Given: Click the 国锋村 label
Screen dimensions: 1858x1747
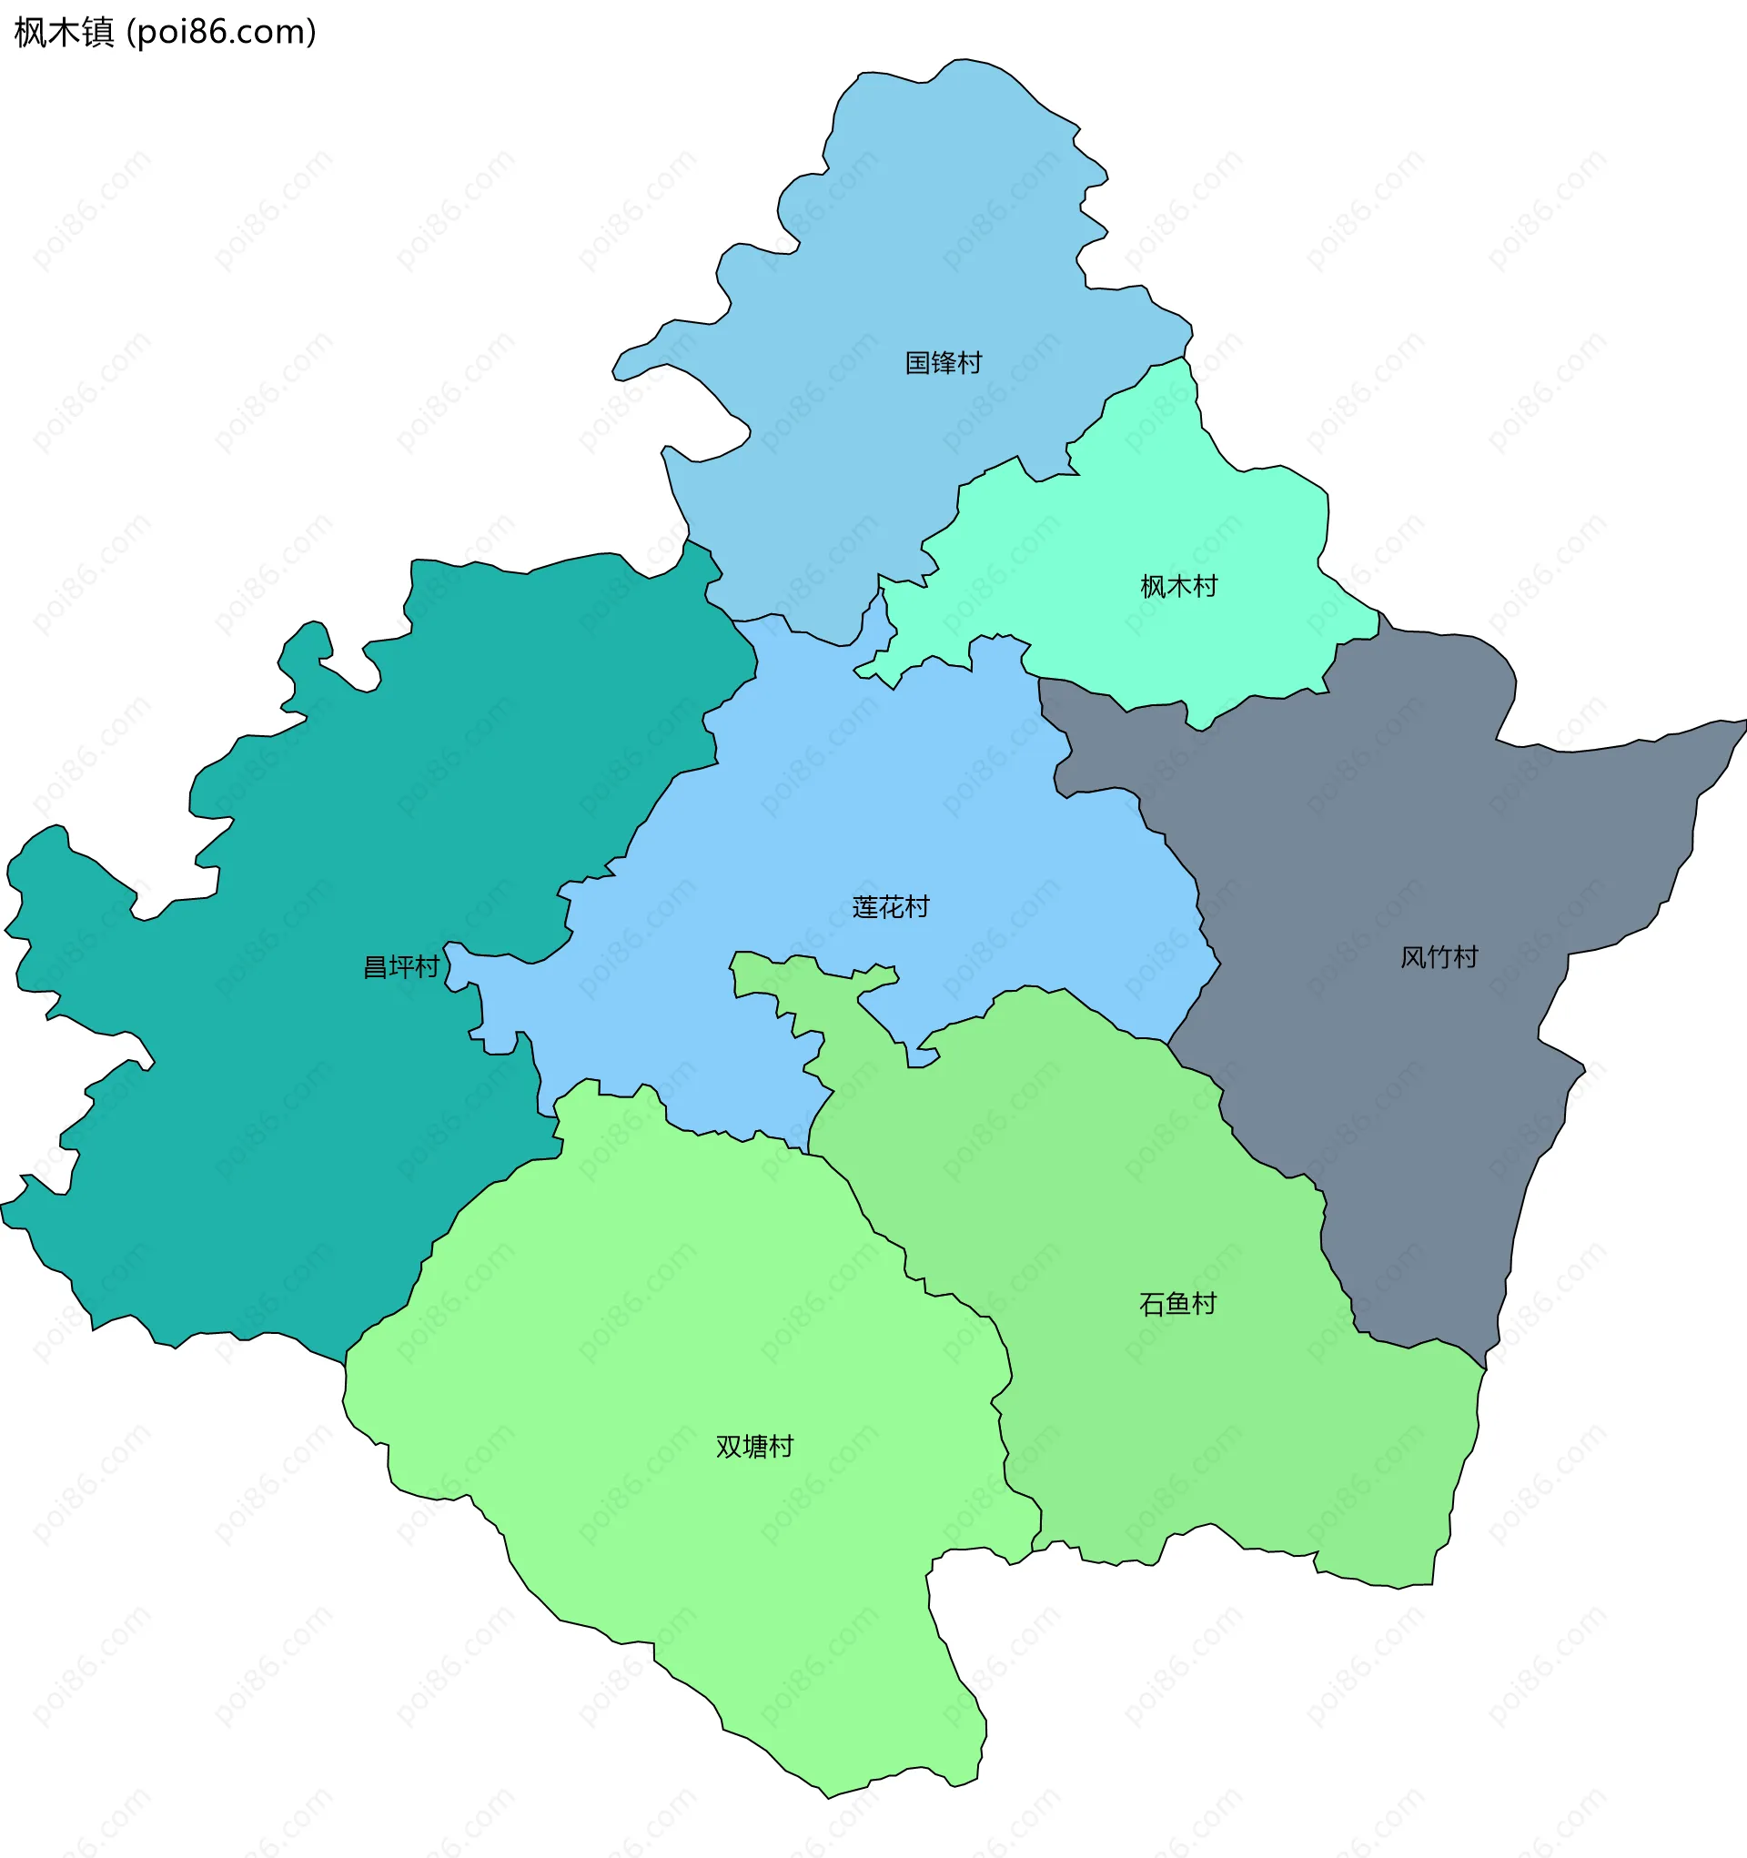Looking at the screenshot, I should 944,363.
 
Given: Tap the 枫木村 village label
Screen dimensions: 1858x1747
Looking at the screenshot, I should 1178,587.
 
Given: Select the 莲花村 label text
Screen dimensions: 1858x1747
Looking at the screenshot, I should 891,907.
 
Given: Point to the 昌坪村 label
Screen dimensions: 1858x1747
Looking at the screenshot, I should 401,967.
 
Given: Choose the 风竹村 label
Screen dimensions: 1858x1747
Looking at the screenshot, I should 1439,958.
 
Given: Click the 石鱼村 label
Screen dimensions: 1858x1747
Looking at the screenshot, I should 1177,1304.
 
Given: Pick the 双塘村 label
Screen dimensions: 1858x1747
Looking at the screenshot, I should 754,1447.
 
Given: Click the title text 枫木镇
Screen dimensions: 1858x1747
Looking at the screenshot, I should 64,33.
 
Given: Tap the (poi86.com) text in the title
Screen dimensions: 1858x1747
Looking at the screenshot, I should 221,33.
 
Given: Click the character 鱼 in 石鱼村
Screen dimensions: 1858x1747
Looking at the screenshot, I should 1177,1304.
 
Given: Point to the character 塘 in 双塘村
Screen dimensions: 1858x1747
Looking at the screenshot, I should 754,1447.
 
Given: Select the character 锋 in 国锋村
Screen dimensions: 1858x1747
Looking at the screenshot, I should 944,363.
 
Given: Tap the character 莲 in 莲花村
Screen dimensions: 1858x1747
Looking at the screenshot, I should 864,907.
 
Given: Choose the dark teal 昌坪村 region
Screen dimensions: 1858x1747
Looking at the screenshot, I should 280,1122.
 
